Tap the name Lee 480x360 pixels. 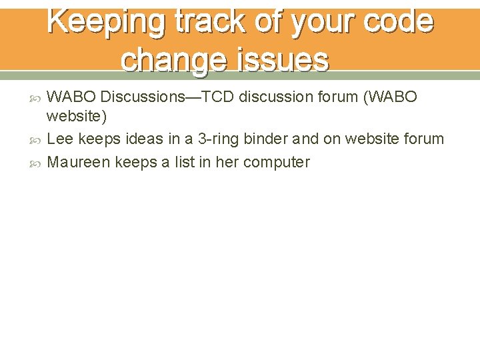pos(61,139)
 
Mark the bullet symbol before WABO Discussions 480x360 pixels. pos(37,98)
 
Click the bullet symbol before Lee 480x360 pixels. pos(37,140)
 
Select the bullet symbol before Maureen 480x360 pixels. pos(37,163)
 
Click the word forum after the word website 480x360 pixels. pos(422,139)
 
